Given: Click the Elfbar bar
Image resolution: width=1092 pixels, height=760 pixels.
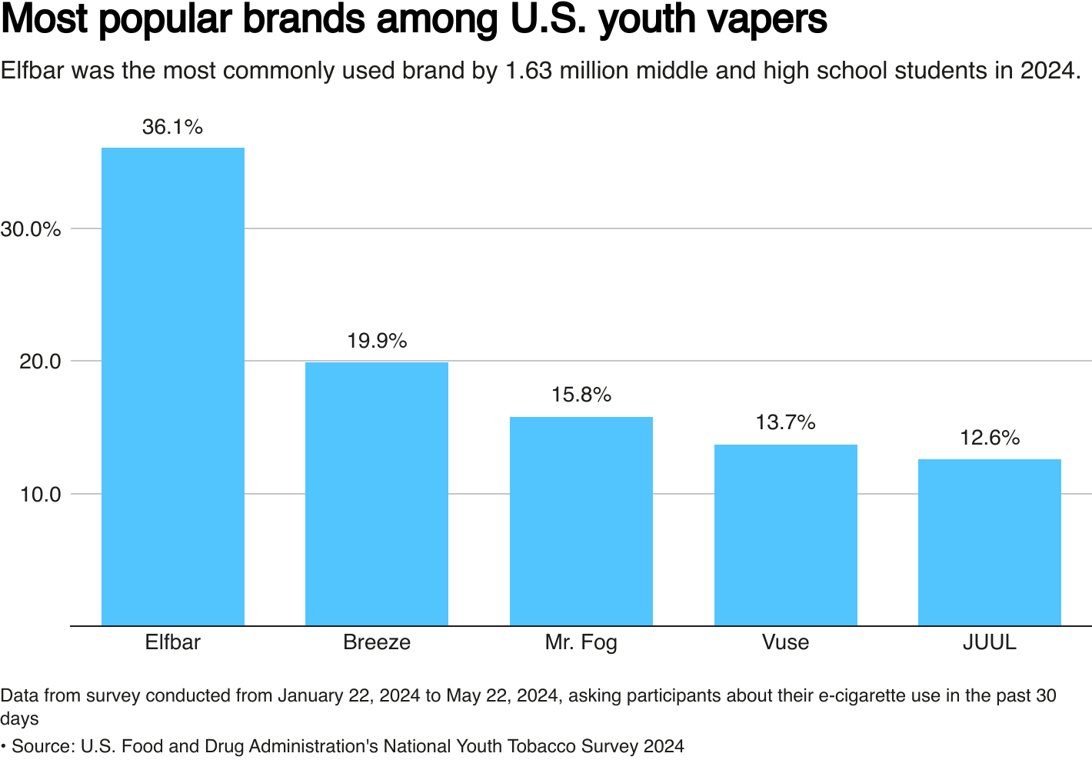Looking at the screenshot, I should pos(173,386).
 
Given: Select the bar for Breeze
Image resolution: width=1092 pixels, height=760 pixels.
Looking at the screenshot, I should pos(377,494).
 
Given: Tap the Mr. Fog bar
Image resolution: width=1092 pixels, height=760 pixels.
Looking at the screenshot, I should pos(581,521).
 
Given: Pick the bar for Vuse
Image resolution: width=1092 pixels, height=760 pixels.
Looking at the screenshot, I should pos(785,535).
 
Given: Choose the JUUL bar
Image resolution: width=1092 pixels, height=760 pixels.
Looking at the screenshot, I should pos(990,542).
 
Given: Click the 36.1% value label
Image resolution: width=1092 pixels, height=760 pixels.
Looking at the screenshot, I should pos(173,127).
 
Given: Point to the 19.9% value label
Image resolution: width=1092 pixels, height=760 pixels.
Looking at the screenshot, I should pos(377,341).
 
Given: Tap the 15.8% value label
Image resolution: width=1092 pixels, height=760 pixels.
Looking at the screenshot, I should pos(581,395).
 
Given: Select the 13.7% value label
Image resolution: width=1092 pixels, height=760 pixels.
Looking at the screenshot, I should pos(785,422).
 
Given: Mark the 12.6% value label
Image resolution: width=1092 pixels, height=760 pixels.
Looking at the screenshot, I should pos(990,438).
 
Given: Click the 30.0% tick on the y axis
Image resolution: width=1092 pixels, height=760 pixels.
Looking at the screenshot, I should pos(31,229).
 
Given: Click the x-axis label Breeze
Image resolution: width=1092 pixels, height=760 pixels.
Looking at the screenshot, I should pos(377,642).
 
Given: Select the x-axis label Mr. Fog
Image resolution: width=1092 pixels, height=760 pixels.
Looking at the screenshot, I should pos(581,642).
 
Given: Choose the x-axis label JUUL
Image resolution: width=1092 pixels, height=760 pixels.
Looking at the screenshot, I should pos(990,642).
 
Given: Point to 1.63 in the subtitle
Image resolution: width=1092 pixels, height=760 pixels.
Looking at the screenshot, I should pos(528,71).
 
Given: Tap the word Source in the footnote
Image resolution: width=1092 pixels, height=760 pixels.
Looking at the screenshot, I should pos(42,746).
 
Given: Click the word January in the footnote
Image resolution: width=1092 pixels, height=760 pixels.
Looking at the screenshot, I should pos(312,696).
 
